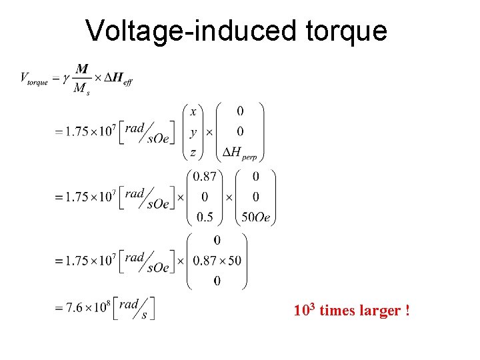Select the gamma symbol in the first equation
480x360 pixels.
[65, 78]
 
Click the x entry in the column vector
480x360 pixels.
[193, 111]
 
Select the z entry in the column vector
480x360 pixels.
[193, 153]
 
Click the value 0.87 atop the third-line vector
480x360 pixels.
[203, 176]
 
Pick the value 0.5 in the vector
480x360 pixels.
[203, 217]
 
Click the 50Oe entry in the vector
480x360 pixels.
[255, 217]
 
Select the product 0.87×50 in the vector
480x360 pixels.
[217, 260]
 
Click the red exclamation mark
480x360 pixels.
[407, 311]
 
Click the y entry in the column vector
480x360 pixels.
[193, 132]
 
